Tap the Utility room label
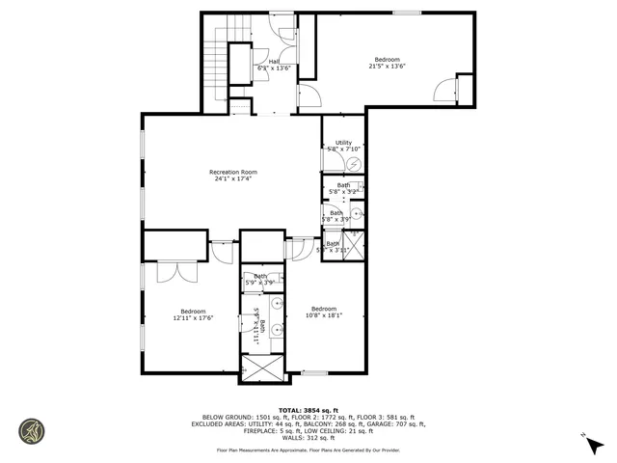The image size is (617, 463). (343, 143)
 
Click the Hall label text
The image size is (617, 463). (274, 61)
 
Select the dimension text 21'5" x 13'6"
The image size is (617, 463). (387, 67)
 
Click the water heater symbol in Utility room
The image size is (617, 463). (353, 164)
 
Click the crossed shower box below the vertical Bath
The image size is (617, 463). (262, 368)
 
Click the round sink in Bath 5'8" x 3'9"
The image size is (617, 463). (356, 214)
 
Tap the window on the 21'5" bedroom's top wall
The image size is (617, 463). (406, 12)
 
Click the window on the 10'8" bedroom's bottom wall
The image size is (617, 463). (314, 372)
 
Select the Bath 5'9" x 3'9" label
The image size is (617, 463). (261, 280)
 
